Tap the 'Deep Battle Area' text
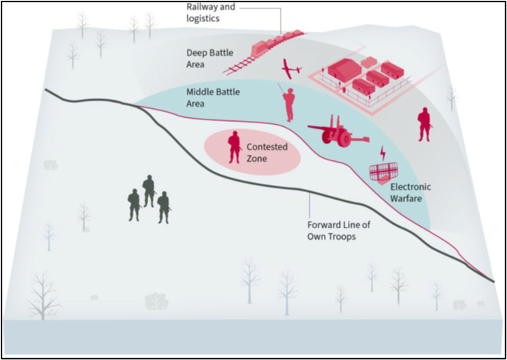(207, 58)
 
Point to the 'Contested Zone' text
(266, 154)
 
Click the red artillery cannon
(335, 133)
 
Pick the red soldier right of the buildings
(424, 123)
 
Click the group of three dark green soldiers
(148, 200)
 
